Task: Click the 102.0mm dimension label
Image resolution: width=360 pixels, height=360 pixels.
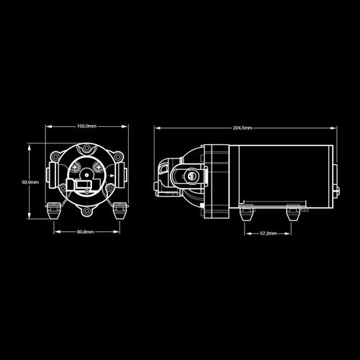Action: [x=86, y=126]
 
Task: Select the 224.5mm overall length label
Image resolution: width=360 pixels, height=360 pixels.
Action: [x=243, y=128]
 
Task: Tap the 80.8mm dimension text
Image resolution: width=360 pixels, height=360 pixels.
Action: [x=86, y=232]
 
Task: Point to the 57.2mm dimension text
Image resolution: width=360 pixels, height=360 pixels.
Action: [x=269, y=233]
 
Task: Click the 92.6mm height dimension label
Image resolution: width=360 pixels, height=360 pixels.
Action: [x=30, y=182]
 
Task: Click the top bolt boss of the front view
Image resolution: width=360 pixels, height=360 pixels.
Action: [x=86, y=149]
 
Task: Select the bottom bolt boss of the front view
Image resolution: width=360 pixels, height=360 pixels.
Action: [x=86, y=212]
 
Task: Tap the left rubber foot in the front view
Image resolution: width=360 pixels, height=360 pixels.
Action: [x=53, y=211]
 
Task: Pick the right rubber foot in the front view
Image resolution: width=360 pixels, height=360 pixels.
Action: [x=120, y=211]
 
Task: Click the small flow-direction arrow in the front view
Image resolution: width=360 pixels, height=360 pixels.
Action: [x=112, y=176]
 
